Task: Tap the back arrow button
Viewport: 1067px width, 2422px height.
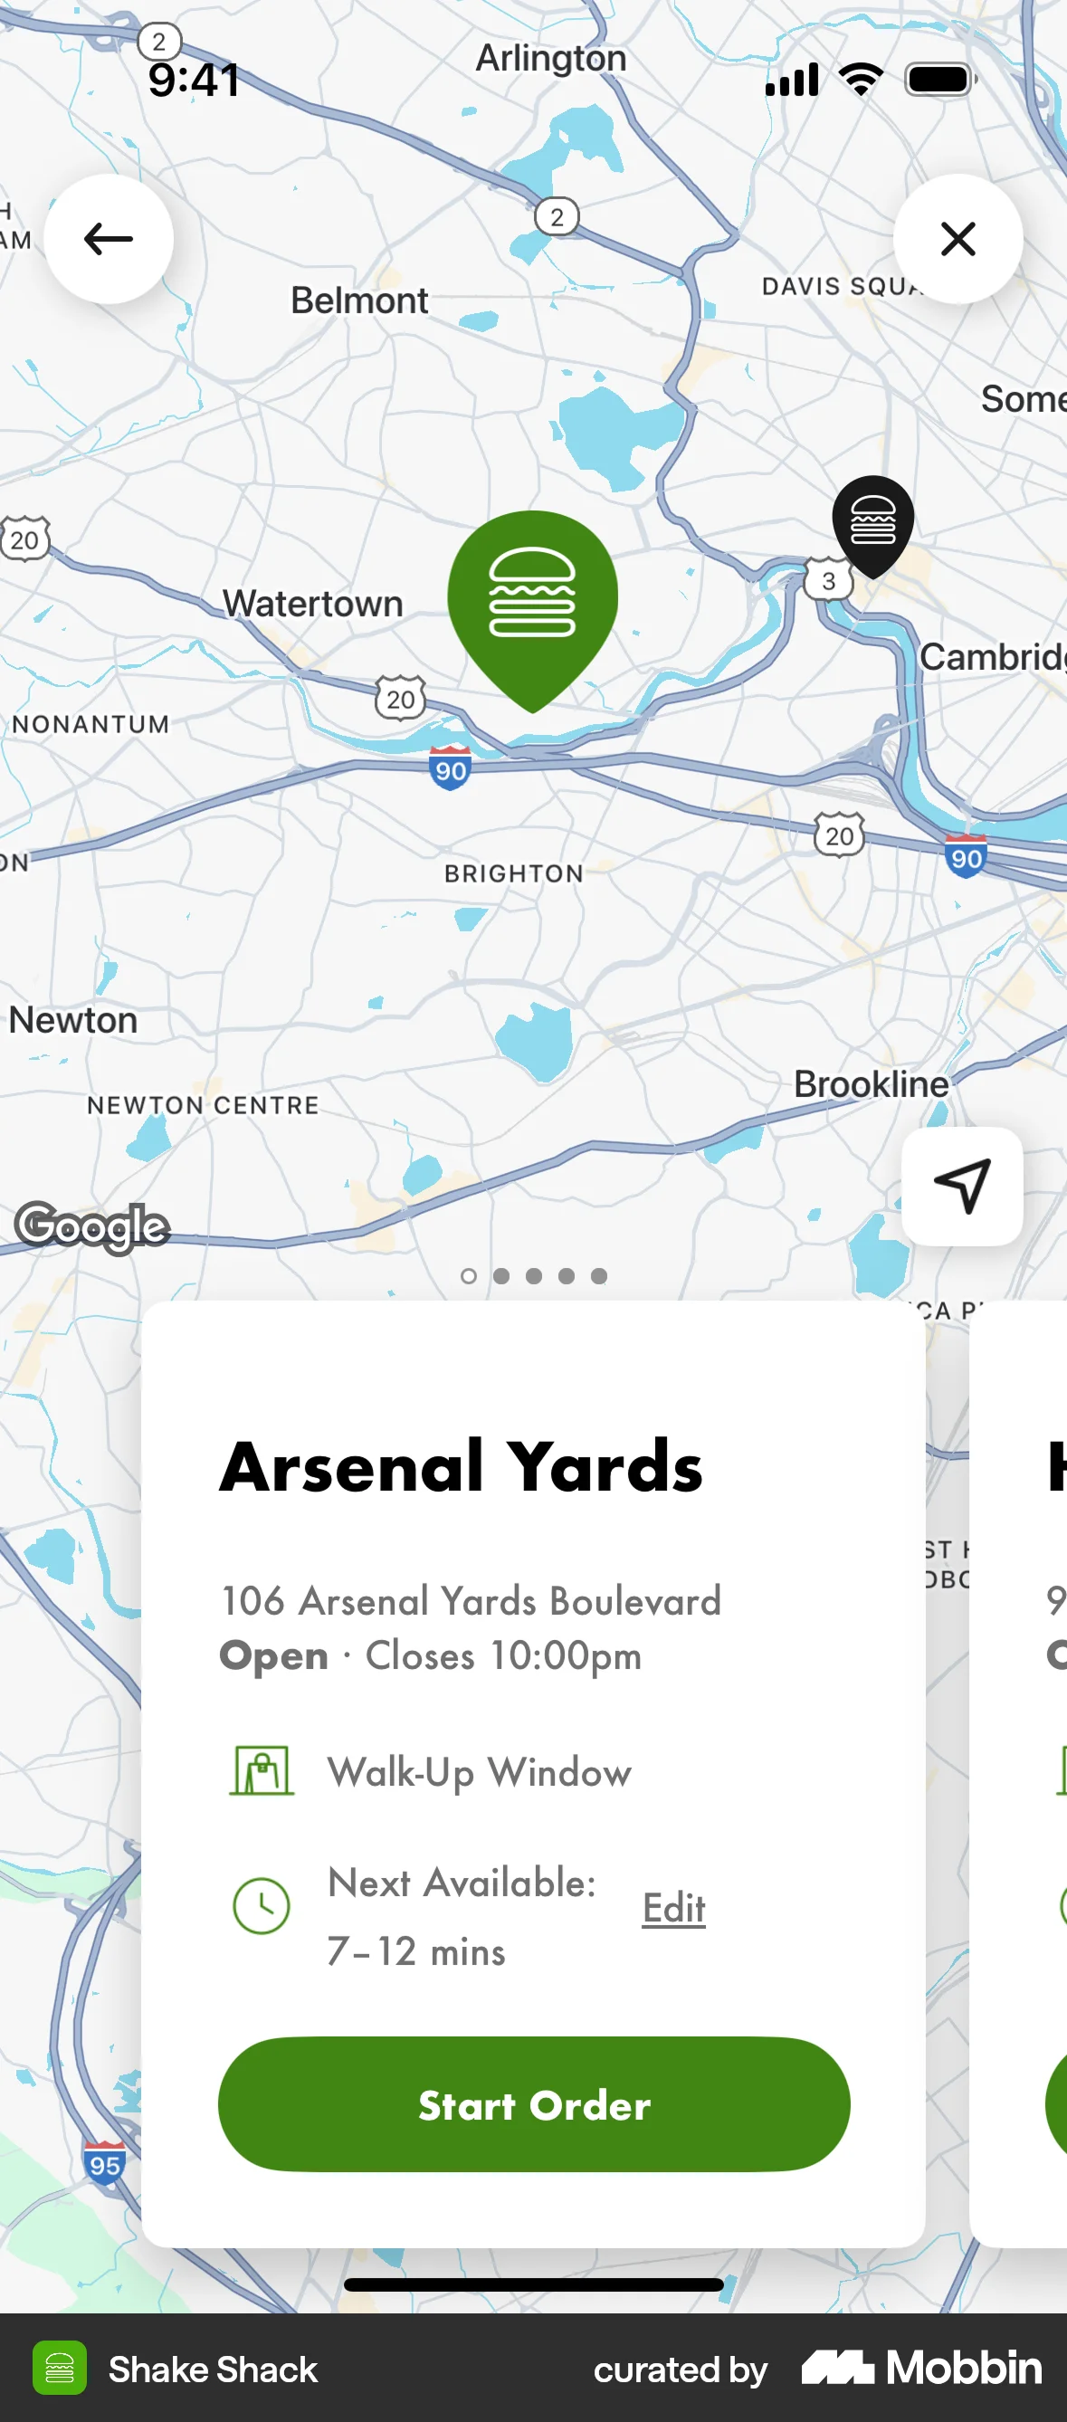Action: click(108, 239)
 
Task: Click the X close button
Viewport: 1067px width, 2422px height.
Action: click(958, 239)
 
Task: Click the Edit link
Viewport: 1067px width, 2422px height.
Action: click(673, 1908)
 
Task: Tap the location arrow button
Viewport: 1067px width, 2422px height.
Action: click(962, 1186)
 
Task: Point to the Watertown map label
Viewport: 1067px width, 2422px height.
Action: click(312, 604)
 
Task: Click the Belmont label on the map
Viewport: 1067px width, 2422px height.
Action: click(359, 300)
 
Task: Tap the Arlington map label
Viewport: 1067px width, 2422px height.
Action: click(551, 58)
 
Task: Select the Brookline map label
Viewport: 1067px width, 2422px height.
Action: click(871, 1084)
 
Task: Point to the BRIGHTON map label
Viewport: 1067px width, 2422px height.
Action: click(513, 873)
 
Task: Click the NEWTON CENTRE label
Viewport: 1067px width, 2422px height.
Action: click(203, 1106)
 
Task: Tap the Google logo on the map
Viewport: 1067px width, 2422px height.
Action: click(92, 1226)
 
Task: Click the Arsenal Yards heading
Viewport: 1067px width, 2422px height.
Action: click(461, 1467)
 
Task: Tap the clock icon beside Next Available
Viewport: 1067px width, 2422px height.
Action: click(262, 1906)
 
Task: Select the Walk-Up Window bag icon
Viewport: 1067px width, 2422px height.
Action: click(262, 1770)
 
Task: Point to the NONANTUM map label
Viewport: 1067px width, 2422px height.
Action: click(91, 724)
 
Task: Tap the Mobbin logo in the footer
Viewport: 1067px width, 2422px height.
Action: click(921, 2368)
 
